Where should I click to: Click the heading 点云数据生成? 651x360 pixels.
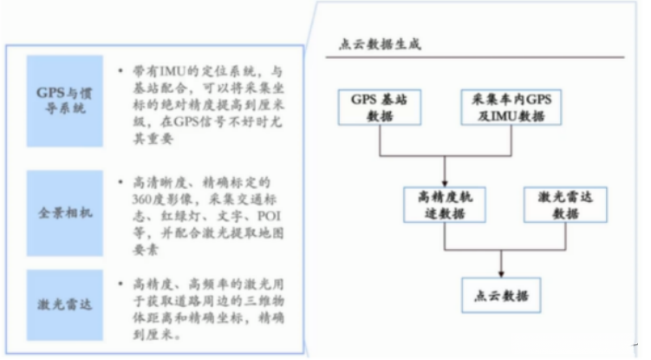point(379,44)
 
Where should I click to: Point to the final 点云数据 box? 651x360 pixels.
point(498,294)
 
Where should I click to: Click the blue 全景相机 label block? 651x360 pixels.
point(65,211)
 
